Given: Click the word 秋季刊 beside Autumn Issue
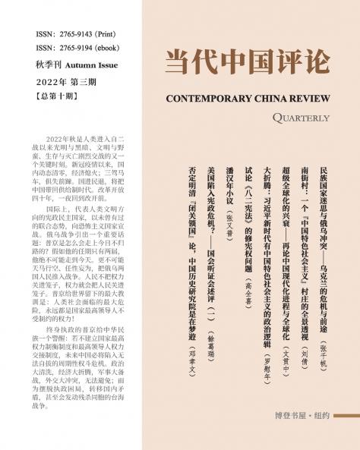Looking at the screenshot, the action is (x=49, y=66).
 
